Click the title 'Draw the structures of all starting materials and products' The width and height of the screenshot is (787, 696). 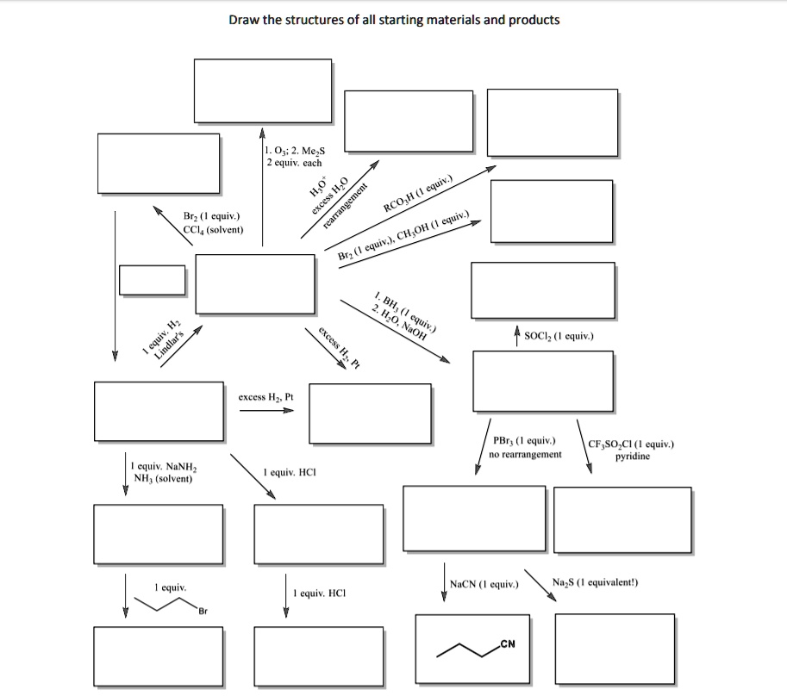(x=394, y=19)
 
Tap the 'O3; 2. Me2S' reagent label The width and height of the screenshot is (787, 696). (x=297, y=151)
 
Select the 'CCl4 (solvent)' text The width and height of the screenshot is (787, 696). (x=213, y=229)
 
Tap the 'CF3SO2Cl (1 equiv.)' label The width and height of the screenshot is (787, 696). (x=631, y=444)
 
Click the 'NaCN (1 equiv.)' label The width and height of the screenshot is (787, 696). (x=484, y=584)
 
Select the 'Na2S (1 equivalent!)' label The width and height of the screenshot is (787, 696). (x=595, y=582)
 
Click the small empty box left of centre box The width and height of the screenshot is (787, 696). (x=152, y=279)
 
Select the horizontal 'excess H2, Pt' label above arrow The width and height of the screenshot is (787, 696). (x=265, y=397)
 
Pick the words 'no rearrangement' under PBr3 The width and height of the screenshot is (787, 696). (x=525, y=453)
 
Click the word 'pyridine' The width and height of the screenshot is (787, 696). (x=632, y=457)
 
